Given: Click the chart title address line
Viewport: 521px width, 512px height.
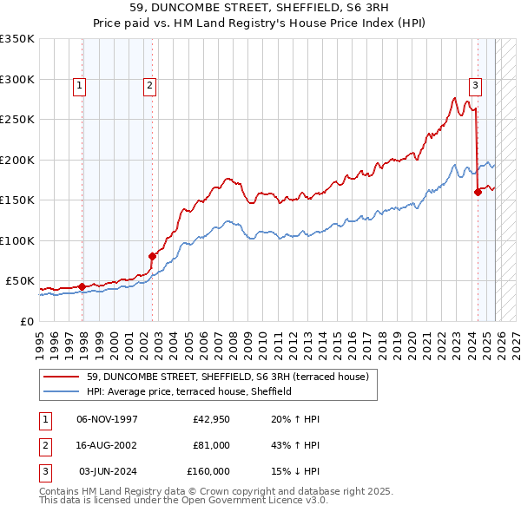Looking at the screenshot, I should point(260,8).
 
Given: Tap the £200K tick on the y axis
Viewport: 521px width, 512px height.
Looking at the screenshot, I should point(17,160).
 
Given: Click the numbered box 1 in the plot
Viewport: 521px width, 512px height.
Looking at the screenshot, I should point(79,85).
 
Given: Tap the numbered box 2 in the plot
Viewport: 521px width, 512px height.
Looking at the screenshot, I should point(149,85).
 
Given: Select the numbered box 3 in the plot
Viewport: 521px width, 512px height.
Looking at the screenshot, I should point(476,85).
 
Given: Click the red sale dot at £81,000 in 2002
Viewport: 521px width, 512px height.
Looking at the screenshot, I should point(152,256).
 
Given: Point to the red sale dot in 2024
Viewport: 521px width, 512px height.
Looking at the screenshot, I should point(478,192).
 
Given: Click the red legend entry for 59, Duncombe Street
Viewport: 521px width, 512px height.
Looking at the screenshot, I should point(228,377).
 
